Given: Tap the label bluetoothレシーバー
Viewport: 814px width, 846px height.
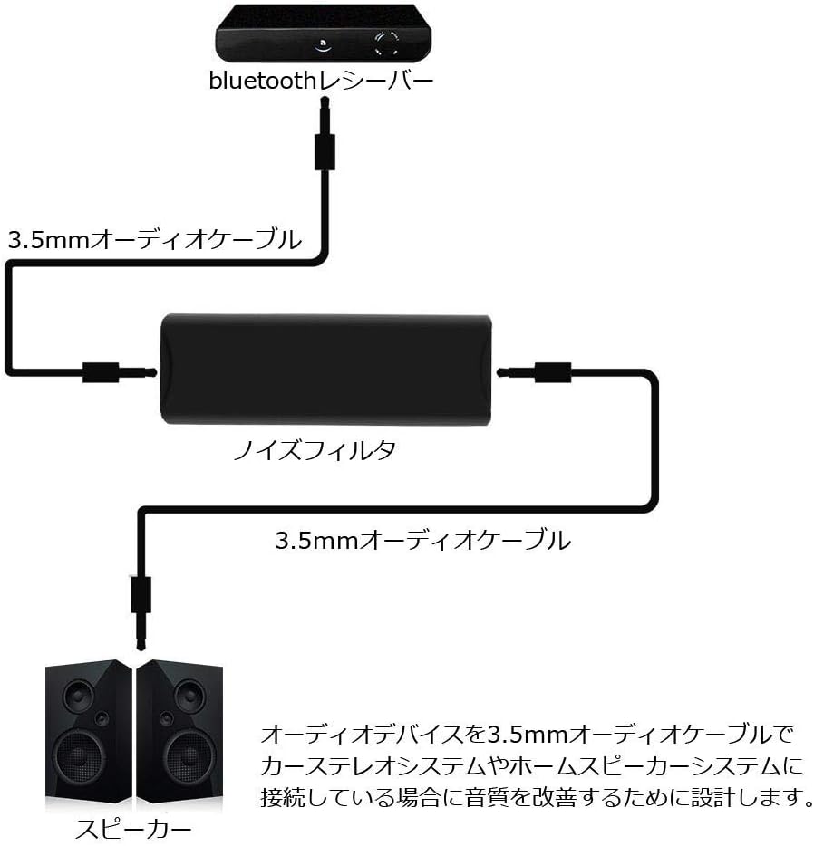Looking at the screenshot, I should pos(321,82).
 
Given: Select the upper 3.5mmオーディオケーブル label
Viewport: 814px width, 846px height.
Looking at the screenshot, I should pos(154,240).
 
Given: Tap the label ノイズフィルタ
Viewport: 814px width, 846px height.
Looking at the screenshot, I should pos(326,450).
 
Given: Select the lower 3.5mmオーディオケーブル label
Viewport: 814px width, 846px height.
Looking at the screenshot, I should pos(422,541).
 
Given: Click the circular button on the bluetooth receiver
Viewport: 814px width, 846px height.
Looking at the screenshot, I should pos(385,43).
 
